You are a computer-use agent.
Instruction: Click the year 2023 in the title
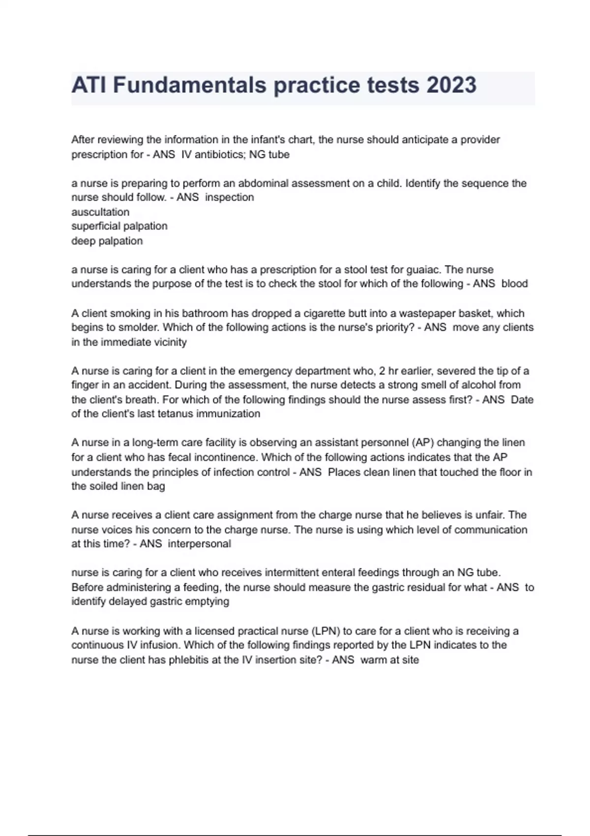[x=451, y=85]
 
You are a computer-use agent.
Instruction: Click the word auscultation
[x=100, y=212]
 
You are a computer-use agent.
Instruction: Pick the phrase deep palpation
[x=107, y=241]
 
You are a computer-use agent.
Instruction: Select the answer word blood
[x=514, y=284]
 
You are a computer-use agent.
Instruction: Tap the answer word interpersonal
[x=199, y=544]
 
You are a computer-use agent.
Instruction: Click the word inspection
[x=229, y=197]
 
